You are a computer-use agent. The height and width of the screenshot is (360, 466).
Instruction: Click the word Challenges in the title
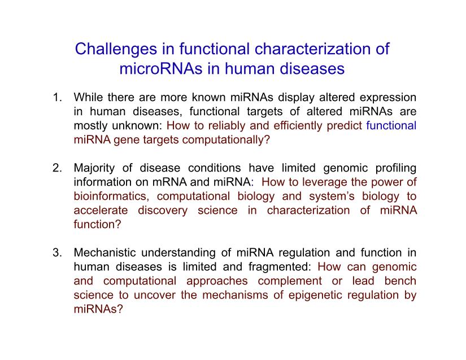(116, 49)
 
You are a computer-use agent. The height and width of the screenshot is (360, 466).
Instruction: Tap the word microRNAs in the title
(161, 68)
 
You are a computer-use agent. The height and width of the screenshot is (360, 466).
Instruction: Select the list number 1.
(57, 98)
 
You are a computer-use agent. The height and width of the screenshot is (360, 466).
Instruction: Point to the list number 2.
(57, 168)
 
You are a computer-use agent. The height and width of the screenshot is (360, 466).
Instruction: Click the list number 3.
(57, 253)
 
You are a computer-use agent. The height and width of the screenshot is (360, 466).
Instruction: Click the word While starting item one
(88, 98)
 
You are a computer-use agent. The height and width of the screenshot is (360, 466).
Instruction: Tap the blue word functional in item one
(391, 125)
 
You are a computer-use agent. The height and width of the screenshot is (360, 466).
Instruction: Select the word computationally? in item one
(226, 140)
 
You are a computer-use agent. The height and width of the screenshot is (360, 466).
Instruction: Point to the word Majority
(94, 168)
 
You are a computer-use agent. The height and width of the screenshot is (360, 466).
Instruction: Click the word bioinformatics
(111, 196)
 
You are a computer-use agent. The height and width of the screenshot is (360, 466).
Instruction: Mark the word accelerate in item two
(101, 210)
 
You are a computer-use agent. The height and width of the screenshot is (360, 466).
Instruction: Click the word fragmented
(280, 267)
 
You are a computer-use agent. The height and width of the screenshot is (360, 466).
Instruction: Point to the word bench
(400, 281)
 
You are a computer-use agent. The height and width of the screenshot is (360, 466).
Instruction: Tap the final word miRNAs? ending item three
(98, 309)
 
